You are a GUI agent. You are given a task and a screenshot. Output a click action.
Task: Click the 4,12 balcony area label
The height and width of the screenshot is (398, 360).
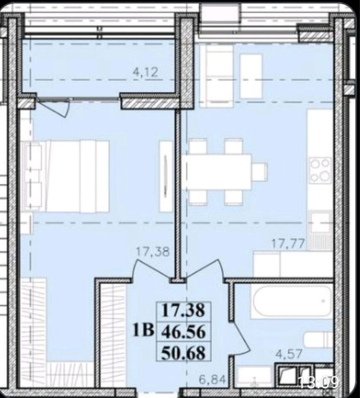coord(146,72)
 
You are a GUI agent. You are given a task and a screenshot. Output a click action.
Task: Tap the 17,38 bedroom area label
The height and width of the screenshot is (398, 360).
coord(153,252)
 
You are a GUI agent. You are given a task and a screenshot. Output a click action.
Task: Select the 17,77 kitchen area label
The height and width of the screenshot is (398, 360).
coord(288,244)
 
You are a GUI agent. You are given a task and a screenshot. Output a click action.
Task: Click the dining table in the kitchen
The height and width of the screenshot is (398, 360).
coord(217,172)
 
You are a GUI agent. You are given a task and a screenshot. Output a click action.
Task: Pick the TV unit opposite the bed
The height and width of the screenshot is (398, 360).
coord(166,176)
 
